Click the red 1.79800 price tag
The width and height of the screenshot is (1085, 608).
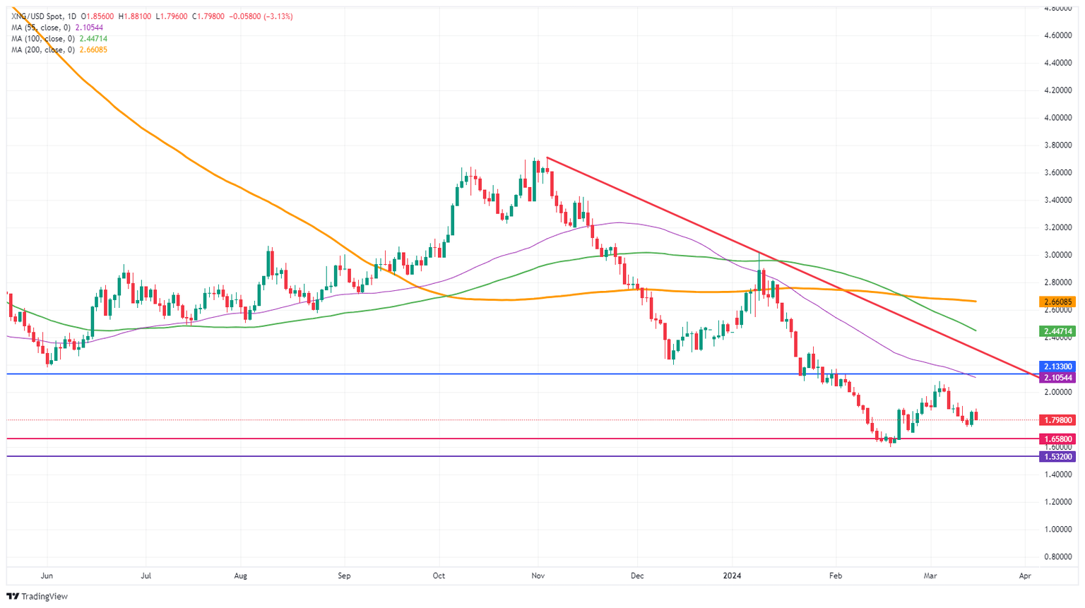1057,420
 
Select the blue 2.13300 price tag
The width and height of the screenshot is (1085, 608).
1057,366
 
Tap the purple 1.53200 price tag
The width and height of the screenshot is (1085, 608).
1057,457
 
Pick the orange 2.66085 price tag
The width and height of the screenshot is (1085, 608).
1057,302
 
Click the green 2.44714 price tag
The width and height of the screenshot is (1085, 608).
1057,330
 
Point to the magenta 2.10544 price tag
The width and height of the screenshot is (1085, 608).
1057,378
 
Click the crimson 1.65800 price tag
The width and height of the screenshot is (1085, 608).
1057,439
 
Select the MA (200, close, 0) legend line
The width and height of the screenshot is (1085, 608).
59,50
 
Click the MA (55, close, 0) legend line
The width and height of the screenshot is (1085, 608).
57,28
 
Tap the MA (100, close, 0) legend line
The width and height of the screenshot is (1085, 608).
59,39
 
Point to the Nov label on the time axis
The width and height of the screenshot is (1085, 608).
538,576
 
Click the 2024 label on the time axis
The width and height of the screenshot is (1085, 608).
733,576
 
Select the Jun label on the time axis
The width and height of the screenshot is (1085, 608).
47,576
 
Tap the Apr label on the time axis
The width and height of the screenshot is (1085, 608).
1025,576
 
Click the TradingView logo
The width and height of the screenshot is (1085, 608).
37,597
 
